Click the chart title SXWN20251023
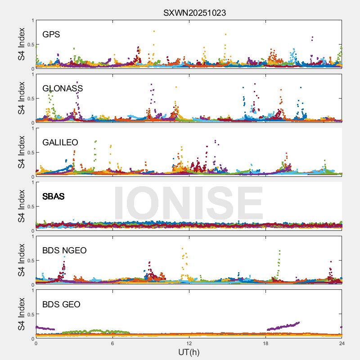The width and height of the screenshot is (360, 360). [194, 13]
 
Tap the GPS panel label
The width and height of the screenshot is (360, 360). [51, 35]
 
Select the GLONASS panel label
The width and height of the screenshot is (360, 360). [63, 89]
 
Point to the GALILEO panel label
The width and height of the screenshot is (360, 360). [60, 143]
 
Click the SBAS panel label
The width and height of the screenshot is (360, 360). [53, 197]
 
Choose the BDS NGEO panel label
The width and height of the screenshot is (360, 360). [64, 251]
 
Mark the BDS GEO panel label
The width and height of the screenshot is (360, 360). [61, 305]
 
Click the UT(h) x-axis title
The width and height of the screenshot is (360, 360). [189, 352]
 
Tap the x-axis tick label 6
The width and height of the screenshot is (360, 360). [112, 344]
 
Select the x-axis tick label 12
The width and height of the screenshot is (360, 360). [189, 344]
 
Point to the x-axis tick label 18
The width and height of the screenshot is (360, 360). [265, 344]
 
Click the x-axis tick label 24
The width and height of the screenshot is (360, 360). [342, 344]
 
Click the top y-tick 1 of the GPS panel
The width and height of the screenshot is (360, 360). [32, 21]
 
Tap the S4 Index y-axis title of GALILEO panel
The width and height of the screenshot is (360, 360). [21, 153]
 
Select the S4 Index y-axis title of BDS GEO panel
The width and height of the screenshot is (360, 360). [21, 315]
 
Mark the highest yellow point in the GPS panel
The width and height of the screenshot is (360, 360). [154, 31]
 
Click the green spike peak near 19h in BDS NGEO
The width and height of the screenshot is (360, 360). [279, 251]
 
